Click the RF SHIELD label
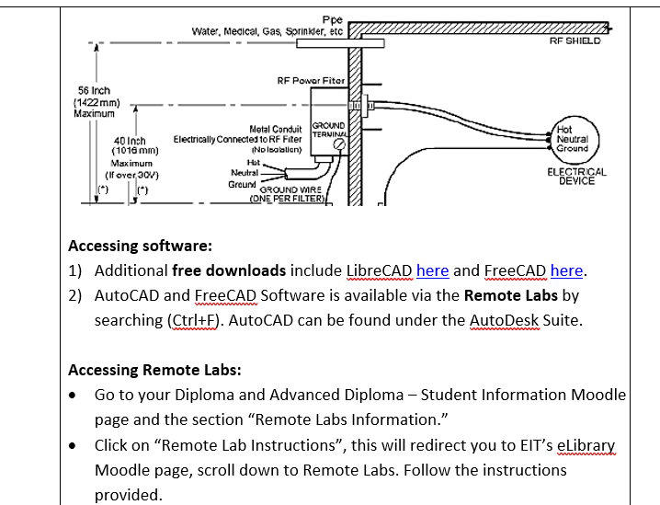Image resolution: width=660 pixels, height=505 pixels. click(575, 40)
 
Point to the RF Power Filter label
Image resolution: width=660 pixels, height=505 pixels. click(311, 81)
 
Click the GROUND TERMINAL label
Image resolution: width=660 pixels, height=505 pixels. click(328, 129)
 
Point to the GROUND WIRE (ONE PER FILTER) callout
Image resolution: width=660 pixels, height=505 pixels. click(289, 192)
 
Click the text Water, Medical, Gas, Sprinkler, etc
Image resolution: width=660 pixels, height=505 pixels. click(267, 31)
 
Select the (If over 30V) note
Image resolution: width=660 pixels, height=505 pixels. click(131, 173)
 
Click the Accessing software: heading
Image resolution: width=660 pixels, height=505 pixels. click(141, 247)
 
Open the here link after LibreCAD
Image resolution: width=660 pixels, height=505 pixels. click(432, 270)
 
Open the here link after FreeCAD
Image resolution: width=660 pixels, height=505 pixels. click(566, 270)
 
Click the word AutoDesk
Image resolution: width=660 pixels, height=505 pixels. click(505, 321)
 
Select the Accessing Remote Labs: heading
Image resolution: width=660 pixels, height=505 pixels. click(154, 371)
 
